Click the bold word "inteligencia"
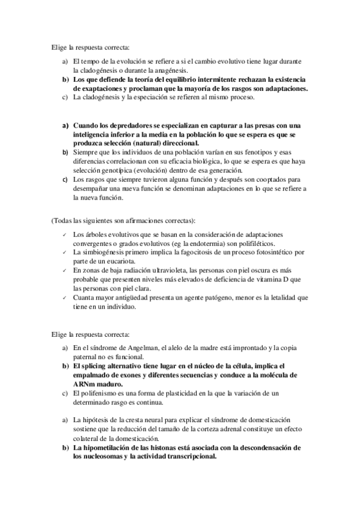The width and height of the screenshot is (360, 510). coord(93,134)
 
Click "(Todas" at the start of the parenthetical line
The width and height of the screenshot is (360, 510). coord(61,221)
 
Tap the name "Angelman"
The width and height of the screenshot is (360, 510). coord(141,348)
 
